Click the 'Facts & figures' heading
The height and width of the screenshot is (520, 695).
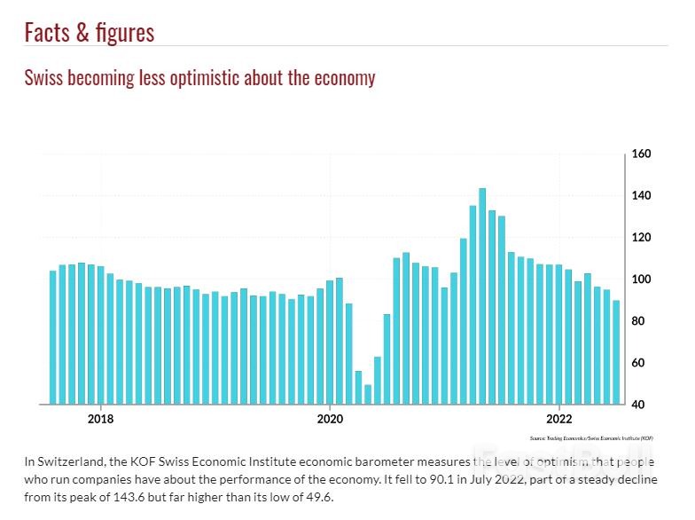click(89, 33)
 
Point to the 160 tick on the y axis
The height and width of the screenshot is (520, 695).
click(641, 154)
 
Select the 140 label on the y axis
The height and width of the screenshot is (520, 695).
click(641, 196)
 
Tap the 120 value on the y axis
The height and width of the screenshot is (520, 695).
click(641, 238)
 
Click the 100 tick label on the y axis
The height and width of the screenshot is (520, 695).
click(641, 280)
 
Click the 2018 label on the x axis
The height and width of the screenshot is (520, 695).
click(100, 420)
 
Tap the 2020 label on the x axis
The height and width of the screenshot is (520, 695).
click(330, 420)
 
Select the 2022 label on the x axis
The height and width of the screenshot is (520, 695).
click(558, 420)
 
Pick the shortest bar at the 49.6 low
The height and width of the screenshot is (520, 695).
click(368, 394)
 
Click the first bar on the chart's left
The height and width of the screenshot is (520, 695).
click(52, 337)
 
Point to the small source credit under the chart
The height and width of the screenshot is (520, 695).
click(591, 438)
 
